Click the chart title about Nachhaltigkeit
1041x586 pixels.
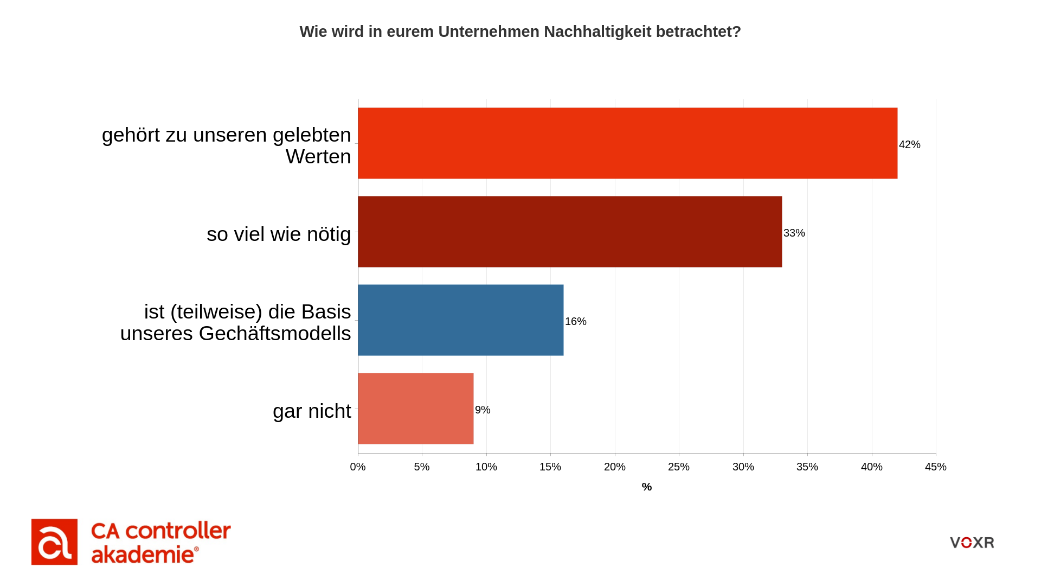click(x=520, y=31)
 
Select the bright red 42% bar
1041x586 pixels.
click(x=627, y=143)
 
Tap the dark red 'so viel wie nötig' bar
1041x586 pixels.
click(x=569, y=232)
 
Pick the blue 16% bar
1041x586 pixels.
click(x=460, y=320)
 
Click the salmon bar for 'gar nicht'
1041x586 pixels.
click(x=415, y=409)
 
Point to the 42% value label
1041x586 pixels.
click(x=909, y=144)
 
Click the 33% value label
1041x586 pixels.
click(x=794, y=233)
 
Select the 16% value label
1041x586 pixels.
click(x=575, y=321)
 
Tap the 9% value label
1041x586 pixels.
click(x=483, y=410)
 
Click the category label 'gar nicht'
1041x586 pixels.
click(x=312, y=411)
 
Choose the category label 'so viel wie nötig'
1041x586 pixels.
click(x=279, y=234)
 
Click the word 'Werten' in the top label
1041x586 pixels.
click(x=318, y=156)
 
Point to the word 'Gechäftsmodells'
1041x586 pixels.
click(x=275, y=333)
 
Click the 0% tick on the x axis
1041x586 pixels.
click(x=358, y=467)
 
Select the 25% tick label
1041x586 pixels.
click(x=679, y=467)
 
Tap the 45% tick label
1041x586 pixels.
click(x=935, y=467)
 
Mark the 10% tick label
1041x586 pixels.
click(x=486, y=467)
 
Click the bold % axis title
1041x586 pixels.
click(x=646, y=487)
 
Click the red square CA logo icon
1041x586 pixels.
click(x=54, y=542)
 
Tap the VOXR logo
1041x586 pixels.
click(x=972, y=543)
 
